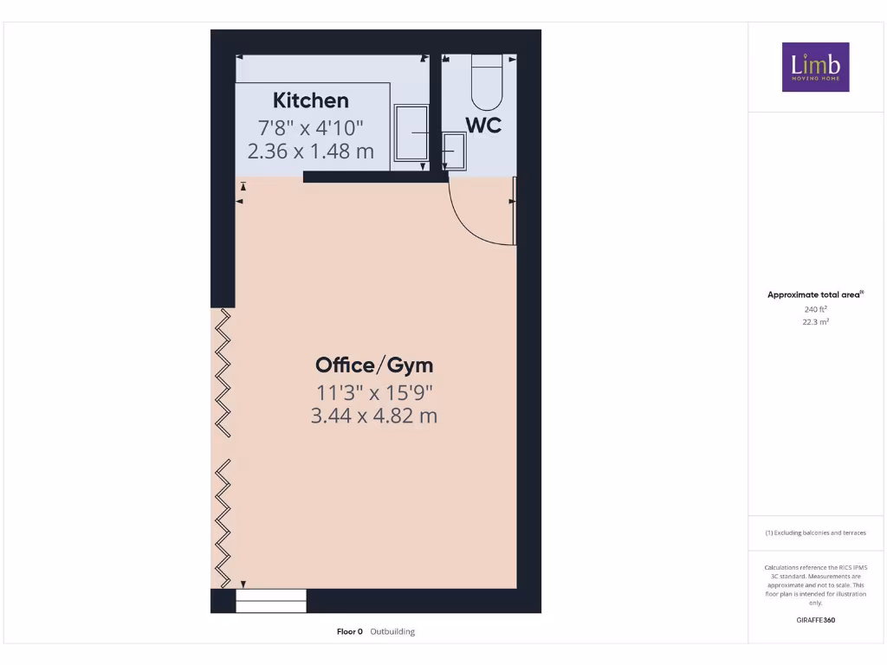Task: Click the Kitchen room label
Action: [311, 100]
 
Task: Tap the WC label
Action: [484, 126]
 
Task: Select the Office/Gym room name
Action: [373, 365]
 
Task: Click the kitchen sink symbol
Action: [411, 132]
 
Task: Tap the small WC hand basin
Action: [454, 152]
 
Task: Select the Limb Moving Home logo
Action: [815, 67]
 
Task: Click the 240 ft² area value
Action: [815, 308]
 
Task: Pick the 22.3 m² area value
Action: [815, 321]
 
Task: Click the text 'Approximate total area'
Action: [813, 295]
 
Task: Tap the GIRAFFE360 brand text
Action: [815, 620]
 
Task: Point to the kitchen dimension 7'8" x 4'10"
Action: [311, 128]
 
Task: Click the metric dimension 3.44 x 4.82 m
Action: [373, 416]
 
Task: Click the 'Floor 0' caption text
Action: [350, 631]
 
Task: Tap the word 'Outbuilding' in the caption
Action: [392, 631]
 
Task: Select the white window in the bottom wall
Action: [271, 601]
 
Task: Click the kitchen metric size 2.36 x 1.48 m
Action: [311, 152]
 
